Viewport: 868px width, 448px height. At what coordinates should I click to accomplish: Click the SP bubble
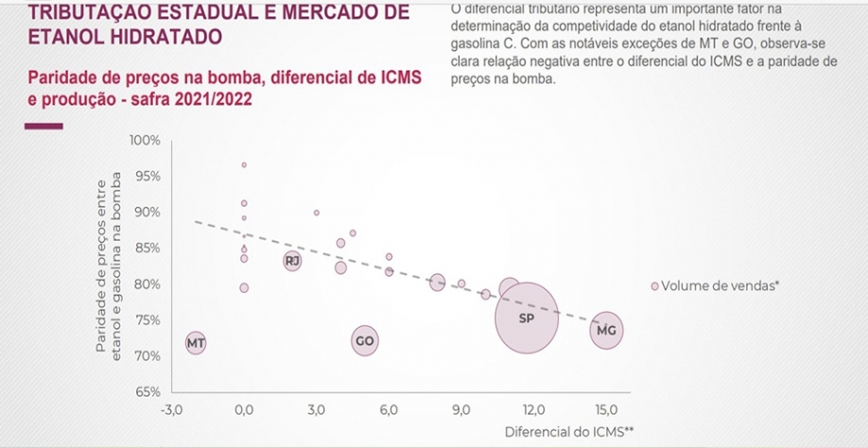point(528,319)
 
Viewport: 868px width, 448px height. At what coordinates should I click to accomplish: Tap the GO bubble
point(365,341)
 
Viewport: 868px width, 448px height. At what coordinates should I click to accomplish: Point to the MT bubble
point(196,342)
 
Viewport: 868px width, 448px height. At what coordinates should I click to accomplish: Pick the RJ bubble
point(292,260)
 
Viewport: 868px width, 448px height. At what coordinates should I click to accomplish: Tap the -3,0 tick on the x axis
point(171,410)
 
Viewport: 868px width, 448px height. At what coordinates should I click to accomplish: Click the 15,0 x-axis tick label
point(606,410)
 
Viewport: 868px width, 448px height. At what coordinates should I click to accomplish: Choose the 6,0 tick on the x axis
point(389,410)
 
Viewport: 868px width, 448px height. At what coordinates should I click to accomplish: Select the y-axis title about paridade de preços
point(107,267)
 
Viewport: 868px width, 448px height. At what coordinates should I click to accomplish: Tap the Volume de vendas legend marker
point(653,284)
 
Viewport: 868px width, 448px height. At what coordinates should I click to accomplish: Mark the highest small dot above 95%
point(244,164)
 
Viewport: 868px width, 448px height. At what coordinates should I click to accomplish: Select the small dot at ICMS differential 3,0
point(316,213)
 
